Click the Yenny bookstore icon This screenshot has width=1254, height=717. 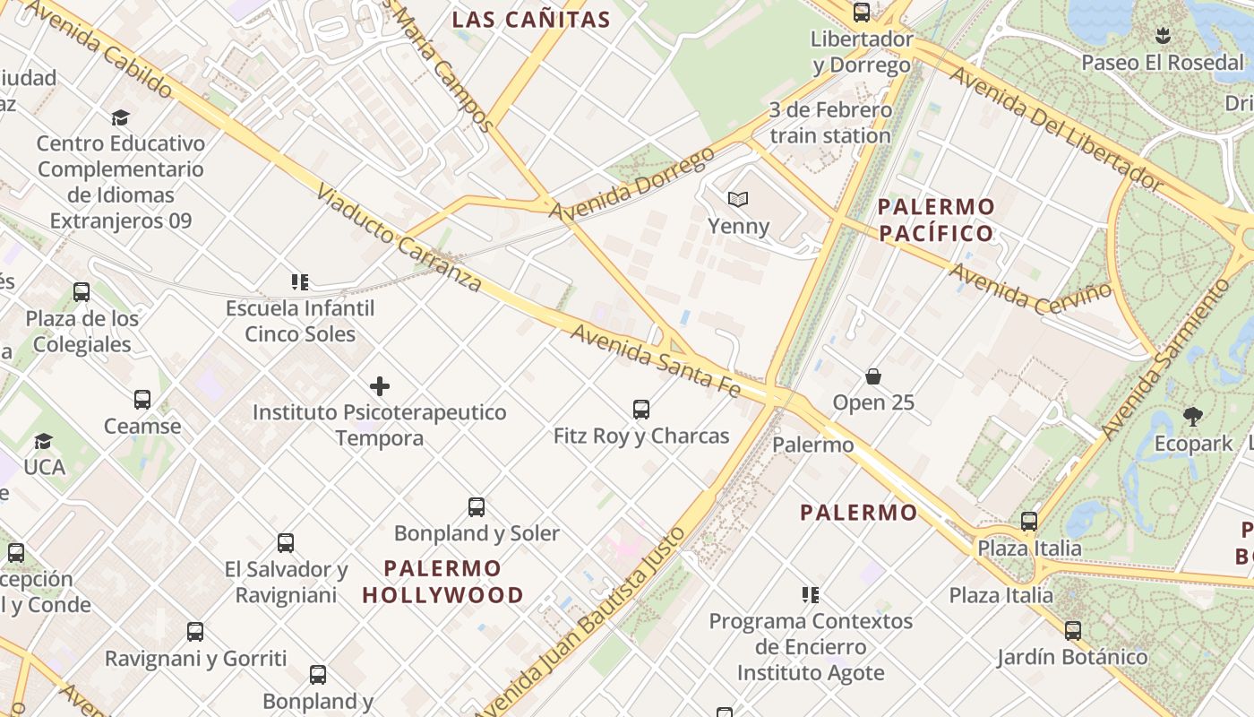point(737,199)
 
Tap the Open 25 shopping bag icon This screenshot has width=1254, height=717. point(873,376)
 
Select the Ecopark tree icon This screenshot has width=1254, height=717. point(1192,416)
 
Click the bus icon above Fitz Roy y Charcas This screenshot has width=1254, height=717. point(641,410)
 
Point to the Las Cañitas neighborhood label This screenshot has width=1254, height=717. point(531,20)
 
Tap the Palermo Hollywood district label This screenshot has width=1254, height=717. point(443,582)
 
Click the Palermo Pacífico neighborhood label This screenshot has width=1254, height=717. point(936,220)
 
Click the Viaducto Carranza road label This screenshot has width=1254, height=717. point(399,240)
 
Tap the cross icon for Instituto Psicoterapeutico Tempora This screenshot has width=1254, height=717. point(380,386)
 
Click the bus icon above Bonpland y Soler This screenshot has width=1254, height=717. point(477,507)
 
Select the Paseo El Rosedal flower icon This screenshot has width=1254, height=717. point(1163,37)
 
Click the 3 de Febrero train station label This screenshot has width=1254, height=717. point(830,123)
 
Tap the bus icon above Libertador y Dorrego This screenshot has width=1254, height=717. point(862,13)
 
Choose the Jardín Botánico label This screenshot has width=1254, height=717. point(1072,657)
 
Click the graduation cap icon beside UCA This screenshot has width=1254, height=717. point(43,441)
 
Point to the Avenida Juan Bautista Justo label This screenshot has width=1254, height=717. point(582,623)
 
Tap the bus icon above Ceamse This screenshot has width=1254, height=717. point(142,400)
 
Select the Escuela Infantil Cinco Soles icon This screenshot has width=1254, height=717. point(300,282)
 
